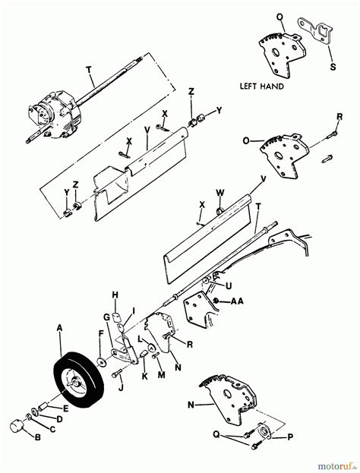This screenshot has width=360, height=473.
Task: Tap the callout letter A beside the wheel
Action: pos(59,328)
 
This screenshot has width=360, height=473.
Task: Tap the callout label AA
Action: pos(238,301)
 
